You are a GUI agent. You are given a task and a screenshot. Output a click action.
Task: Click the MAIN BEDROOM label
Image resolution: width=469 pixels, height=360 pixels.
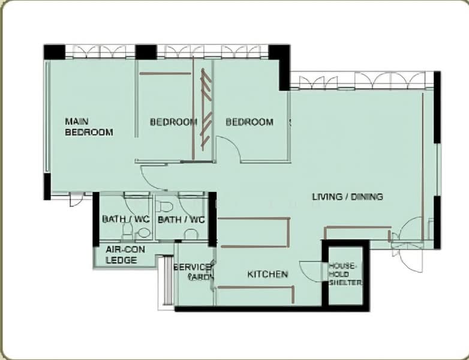[89, 127]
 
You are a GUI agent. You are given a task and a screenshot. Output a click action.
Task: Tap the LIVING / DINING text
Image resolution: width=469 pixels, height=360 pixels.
[347, 197]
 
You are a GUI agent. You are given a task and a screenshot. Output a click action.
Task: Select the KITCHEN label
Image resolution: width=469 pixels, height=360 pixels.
[267, 274]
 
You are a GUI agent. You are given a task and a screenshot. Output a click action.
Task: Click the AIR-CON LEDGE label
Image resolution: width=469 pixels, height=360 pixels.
[122, 255]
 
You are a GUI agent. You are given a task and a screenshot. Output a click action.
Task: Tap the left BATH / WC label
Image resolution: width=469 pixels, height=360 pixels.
[125, 220]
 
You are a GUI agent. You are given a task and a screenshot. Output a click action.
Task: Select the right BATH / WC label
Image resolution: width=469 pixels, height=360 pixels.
[181, 220]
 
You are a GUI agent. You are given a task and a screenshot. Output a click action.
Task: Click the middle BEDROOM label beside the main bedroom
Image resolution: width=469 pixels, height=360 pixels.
[173, 122]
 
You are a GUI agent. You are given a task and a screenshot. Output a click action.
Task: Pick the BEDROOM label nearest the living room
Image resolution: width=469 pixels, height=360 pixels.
[249, 122]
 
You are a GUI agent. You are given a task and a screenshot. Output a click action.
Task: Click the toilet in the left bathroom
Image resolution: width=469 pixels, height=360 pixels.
[128, 230]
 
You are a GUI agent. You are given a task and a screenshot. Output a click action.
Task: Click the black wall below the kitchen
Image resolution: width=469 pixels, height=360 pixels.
[252, 308]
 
